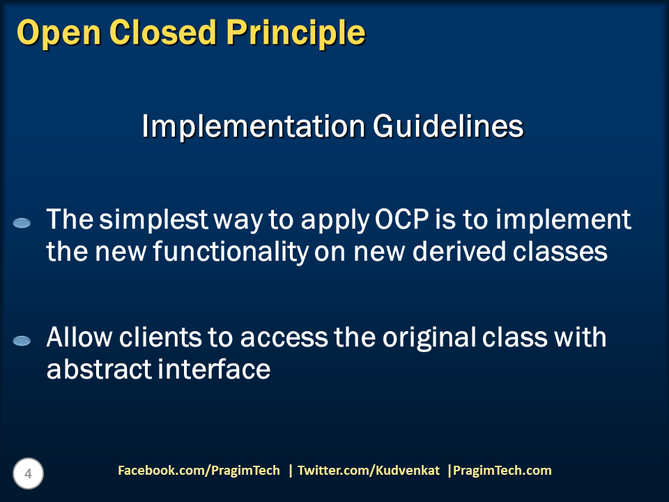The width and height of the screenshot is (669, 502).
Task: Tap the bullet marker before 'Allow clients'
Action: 22,341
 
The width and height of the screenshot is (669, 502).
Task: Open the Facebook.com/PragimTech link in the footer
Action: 199,471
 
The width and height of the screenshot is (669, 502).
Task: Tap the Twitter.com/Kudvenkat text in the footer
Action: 368,471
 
